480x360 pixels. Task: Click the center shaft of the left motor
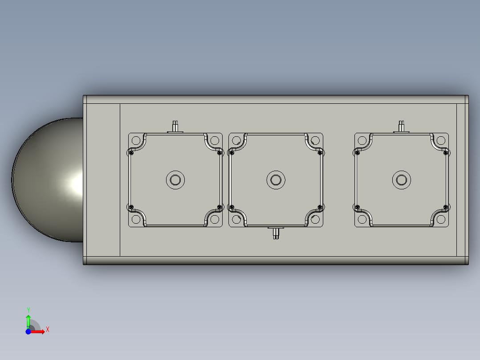[175, 180]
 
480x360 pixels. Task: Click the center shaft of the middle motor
[276, 180]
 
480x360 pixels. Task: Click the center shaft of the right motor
[402, 180]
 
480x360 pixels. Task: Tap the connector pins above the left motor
[175, 125]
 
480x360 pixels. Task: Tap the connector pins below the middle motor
[276, 233]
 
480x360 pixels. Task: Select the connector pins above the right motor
[402, 125]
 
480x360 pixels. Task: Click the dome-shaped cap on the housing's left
[47, 180]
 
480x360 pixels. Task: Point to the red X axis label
[48, 330]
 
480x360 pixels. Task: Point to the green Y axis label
[28, 310]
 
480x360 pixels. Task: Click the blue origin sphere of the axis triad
[28, 331]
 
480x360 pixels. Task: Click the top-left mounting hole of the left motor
[136, 140]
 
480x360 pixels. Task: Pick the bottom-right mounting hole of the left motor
[215, 219]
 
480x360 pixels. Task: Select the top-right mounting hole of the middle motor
[315, 140]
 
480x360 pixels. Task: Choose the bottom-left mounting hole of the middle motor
[237, 219]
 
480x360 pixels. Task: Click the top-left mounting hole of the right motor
[362, 140]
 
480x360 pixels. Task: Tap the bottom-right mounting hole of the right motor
[441, 219]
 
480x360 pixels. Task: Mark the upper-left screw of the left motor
[131, 153]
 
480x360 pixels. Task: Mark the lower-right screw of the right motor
[446, 207]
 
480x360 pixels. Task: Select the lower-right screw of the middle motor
[320, 207]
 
